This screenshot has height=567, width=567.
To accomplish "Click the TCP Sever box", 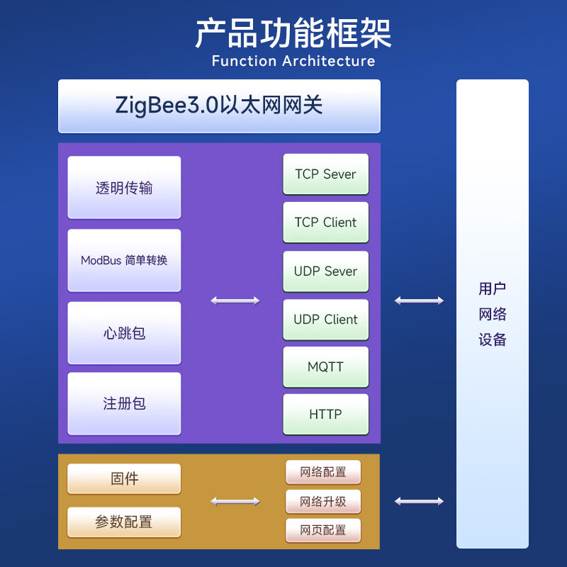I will click(325, 174).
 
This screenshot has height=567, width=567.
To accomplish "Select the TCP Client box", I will click(325, 222).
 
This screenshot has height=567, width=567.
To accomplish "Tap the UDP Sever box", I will click(325, 271).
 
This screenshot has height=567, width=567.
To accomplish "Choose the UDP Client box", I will click(325, 319).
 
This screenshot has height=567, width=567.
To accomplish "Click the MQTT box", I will click(325, 366).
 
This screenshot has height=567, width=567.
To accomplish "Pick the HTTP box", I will click(325, 414).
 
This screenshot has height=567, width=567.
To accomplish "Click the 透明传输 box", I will click(124, 188).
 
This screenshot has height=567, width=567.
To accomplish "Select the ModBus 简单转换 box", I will click(124, 260).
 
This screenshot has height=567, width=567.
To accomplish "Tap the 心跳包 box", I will click(124, 332).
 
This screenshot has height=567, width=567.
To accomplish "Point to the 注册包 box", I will click(124, 403).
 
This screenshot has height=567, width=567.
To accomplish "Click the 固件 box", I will click(124, 478).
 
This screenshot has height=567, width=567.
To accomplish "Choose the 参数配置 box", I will click(124, 522).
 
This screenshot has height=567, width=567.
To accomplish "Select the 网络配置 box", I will click(323, 472).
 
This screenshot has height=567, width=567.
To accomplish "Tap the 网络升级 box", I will click(323, 502).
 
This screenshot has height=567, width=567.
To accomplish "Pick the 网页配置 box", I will click(323, 530).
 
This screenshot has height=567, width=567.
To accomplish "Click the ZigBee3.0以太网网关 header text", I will click(219, 105).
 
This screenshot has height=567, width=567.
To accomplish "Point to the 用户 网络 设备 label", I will click(492, 314).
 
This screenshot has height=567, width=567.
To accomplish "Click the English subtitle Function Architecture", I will click(293, 61).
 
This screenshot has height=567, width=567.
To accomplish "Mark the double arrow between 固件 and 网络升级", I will click(235, 502).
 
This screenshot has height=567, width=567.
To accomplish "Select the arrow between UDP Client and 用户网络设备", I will click(419, 301).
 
